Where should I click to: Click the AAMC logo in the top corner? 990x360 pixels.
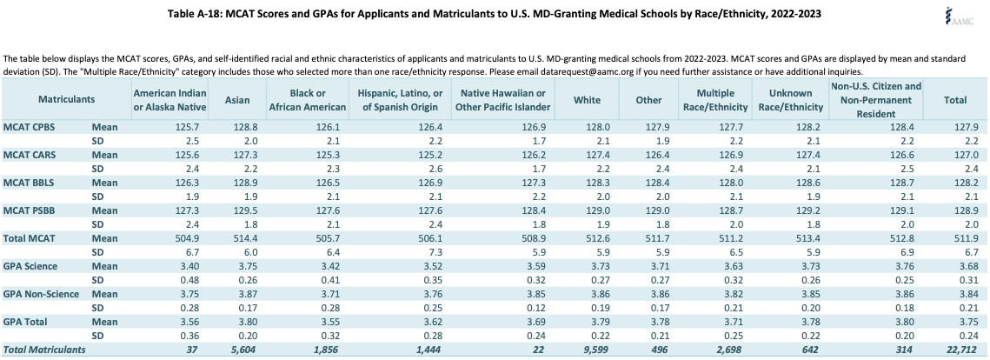coord(960,16)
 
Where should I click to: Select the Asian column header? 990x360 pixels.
coord(237,100)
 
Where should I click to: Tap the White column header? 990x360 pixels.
coord(588,100)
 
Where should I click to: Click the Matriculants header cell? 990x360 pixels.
coord(66,99)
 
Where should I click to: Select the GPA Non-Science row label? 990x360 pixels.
coord(41,294)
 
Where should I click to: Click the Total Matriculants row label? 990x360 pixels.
coord(44,350)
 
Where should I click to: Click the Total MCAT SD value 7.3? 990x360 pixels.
coord(437,252)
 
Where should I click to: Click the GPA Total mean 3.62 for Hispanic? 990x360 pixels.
coord(435,322)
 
